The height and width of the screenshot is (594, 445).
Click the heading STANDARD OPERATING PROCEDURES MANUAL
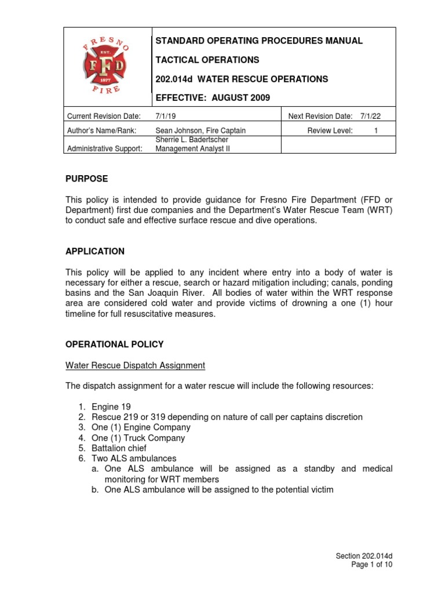[258, 41]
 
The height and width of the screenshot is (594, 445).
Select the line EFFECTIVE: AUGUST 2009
[212, 97]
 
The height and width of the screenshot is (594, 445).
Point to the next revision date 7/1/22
[370, 117]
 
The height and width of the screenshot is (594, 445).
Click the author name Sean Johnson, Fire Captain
[198, 131]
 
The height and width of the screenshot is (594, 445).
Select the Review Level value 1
[375, 131]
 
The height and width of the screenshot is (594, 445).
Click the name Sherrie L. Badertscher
[192, 140]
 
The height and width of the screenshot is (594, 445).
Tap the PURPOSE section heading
[86, 179]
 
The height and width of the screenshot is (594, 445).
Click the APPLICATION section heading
[94, 251]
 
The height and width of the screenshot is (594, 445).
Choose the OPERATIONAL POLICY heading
[114, 344]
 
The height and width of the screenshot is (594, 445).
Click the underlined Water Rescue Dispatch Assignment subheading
[135, 365]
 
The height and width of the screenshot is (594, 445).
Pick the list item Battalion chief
[119, 448]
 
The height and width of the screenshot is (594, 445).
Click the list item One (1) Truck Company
[138, 438]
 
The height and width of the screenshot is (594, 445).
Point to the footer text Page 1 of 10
[372, 564]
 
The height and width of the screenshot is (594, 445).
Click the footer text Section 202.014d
[364, 556]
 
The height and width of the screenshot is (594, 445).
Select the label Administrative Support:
[105, 149]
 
